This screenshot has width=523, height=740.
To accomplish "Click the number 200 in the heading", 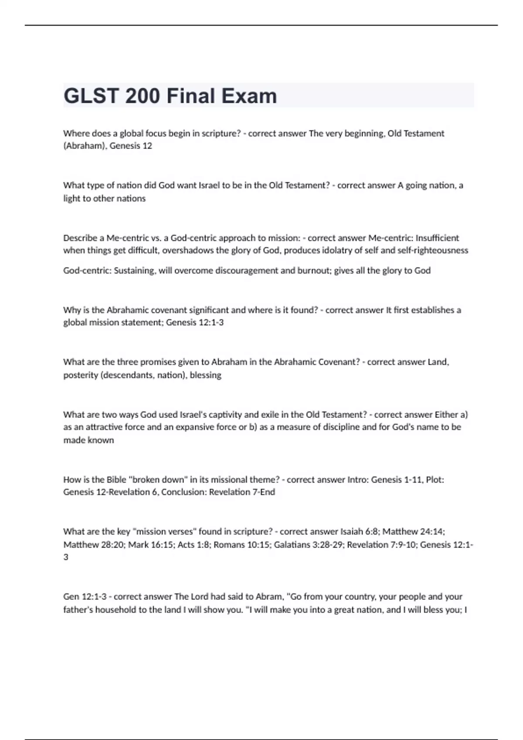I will point(143,96).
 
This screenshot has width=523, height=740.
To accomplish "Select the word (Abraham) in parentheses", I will point(85,146).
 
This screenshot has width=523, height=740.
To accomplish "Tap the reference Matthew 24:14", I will point(413,531).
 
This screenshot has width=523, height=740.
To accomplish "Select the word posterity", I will point(81,375).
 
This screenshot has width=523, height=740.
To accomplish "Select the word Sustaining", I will point(134,270).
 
